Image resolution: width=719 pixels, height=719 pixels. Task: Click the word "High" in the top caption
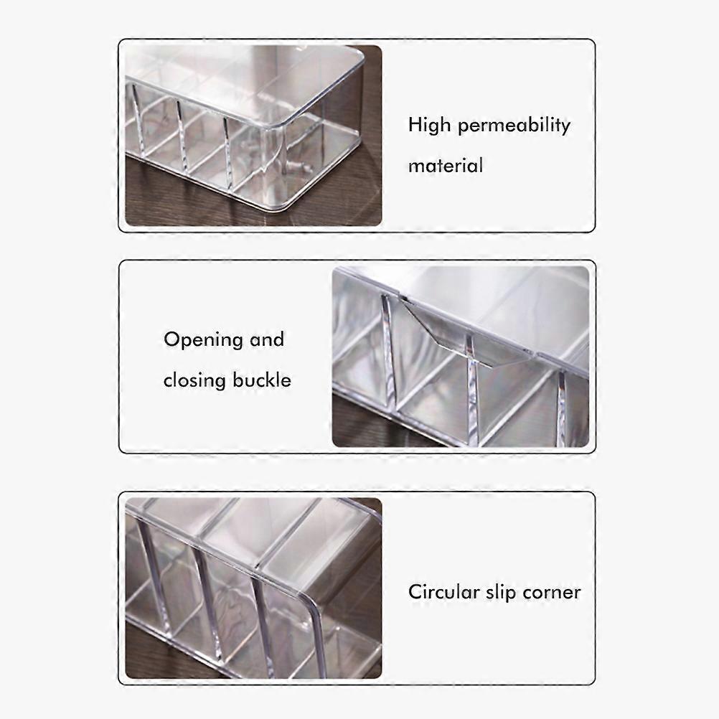[429, 125]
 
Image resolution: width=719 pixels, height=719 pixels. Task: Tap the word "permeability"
[514, 126]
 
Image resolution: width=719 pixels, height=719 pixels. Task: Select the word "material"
[445, 166]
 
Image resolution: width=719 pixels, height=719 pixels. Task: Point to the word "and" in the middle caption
[267, 340]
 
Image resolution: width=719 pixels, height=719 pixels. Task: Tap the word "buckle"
[261, 380]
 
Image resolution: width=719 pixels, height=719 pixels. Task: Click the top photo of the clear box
[253, 136]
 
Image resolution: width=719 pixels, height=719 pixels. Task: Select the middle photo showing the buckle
[461, 357]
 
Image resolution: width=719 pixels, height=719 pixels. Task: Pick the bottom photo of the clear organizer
[253, 588]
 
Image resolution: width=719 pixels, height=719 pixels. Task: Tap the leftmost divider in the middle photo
[388, 351]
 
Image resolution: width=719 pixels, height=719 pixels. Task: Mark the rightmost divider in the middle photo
[562, 408]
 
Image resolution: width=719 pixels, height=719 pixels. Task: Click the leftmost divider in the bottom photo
[156, 578]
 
